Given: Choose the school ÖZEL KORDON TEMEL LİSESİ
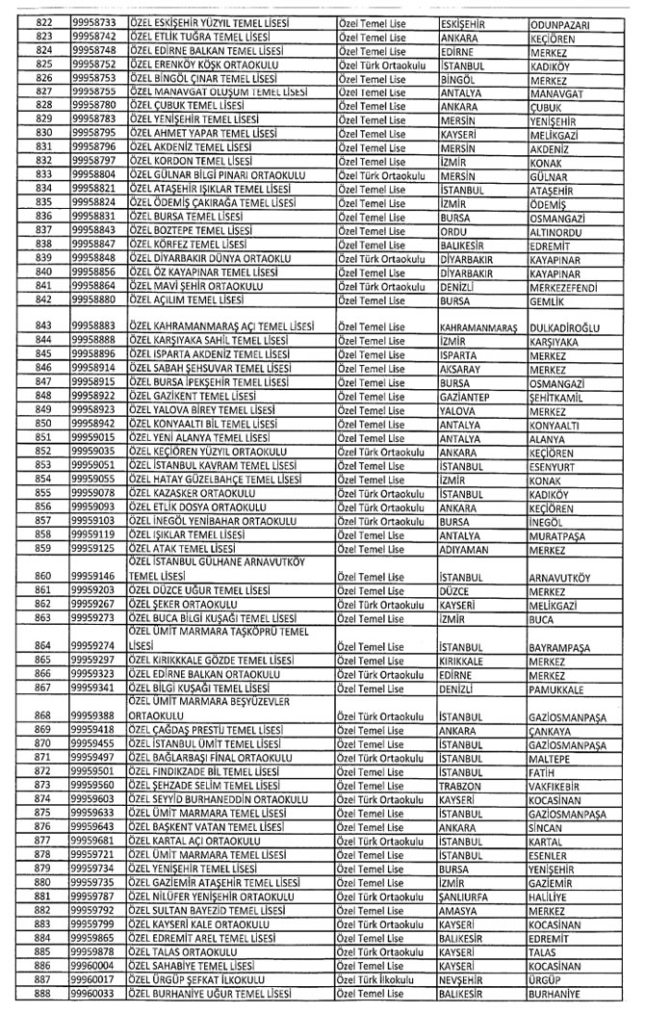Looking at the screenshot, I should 190,161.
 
